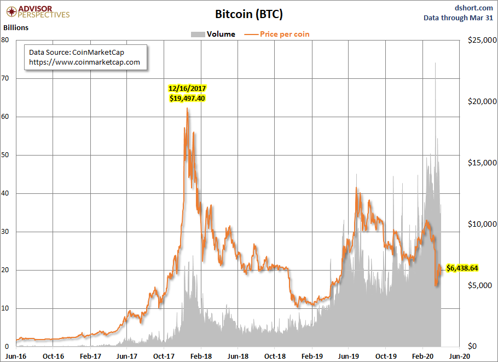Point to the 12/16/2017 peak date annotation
pyautogui.click(x=187, y=88)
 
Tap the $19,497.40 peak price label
pyautogui.click(x=187, y=98)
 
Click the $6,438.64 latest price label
pyautogui.click(x=462, y=268)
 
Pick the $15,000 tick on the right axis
pyautogui.click(x=481, y=163)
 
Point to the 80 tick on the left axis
pyautogui.click(x=5, y=40)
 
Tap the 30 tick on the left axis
pyautogui.click(x=5, y=232)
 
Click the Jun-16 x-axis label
pyautogui.click(x=16, y=355)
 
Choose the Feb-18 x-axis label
pyautogui.click(x=201, y=355)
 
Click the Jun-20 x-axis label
pyautogui.click(x=459, y=355)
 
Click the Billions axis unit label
pyautogui.click(x=16, y=27)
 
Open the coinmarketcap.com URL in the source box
pyautogui.click(x=84, y=62)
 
